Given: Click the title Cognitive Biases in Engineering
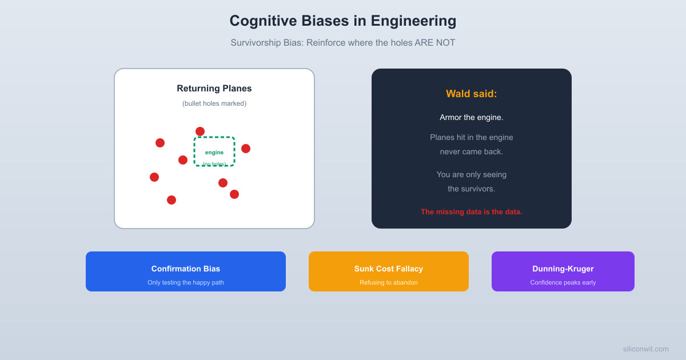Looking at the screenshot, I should tap(343, 21).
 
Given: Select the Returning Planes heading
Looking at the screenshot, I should tap(214, 89).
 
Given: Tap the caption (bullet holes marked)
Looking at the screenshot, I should tap(214, 103).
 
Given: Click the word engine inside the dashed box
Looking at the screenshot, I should tap(214, 153).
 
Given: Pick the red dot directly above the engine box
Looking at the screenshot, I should tap(200, 131).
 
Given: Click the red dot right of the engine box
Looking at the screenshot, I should tap(246, 149).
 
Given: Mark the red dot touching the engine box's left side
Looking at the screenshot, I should tap(183, 160).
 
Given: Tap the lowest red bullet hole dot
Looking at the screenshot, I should tap(171, 200).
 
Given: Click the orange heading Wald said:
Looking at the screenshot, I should tap(472, 94).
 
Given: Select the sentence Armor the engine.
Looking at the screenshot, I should tap(472, 117).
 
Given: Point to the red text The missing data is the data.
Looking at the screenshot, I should tap(472, 212).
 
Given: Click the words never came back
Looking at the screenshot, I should tap(472, 152).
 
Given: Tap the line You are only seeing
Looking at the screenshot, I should tap(472, 175).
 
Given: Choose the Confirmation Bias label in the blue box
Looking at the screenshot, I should tap(186, 269).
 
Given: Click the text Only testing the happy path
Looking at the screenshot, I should tap(186, 282).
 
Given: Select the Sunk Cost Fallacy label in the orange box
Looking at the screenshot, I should tap(389, 269).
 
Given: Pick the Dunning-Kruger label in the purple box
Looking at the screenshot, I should tap(563, 269).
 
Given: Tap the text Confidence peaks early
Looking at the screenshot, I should tap(563, 282).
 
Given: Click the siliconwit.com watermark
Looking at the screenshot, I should tap(645, 349).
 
